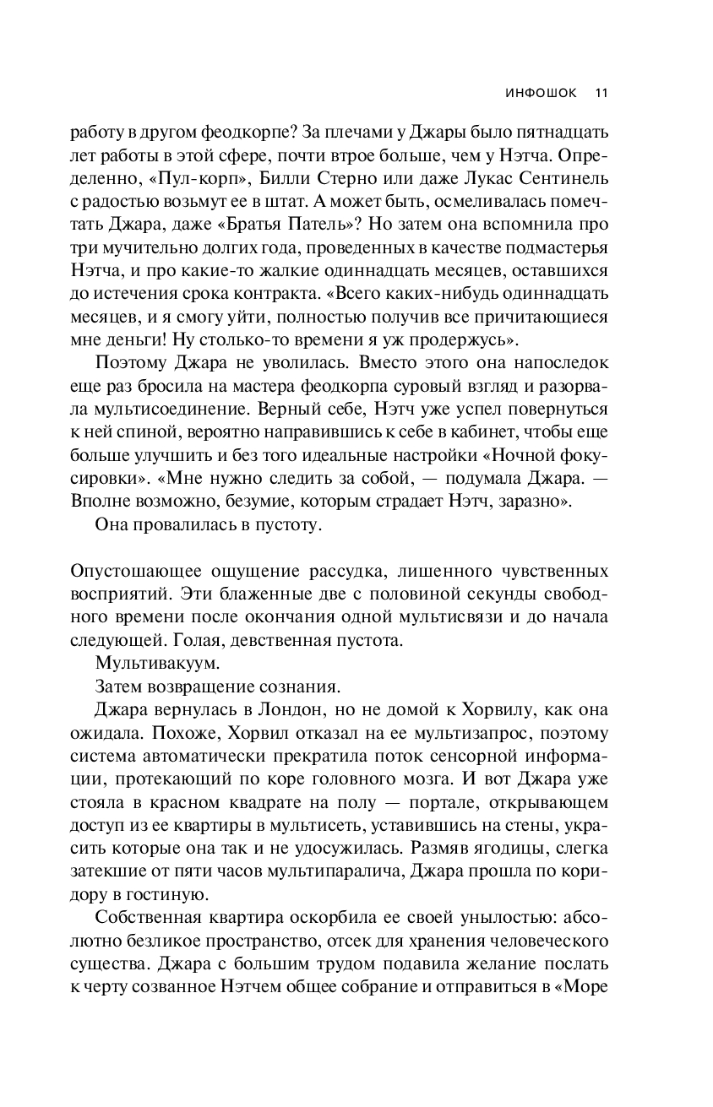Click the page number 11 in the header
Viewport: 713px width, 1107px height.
(x=601, y=93)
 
